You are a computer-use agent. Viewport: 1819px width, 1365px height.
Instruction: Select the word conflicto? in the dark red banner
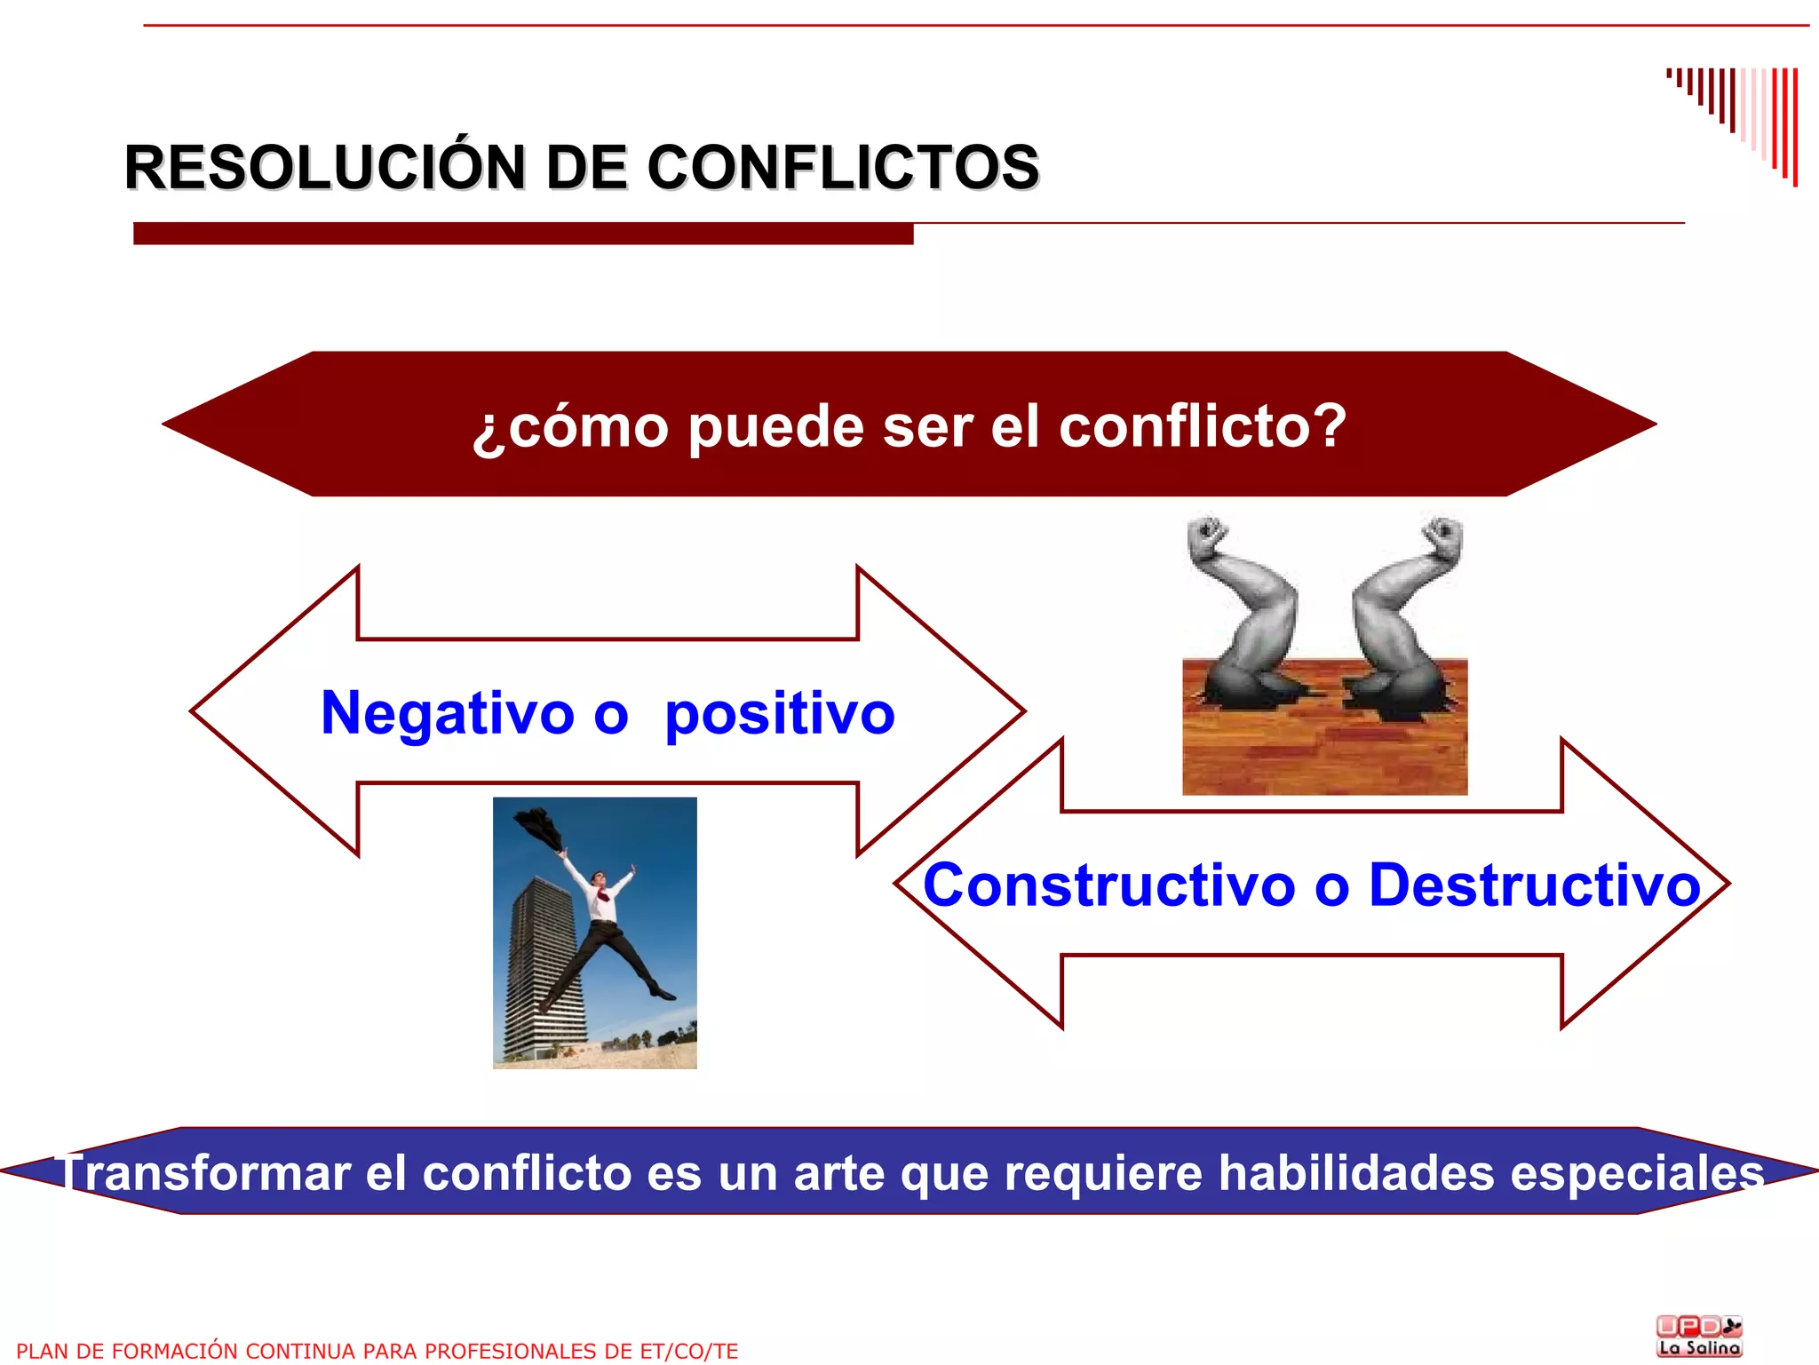click(1203, 426)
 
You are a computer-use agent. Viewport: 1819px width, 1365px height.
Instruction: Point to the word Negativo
click(448, 713)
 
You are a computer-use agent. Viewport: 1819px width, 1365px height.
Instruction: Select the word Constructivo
click(1109, 885)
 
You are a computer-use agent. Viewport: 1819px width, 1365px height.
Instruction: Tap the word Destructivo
click(1534, 885)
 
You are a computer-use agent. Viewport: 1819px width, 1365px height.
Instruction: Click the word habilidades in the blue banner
click(1356, 1173)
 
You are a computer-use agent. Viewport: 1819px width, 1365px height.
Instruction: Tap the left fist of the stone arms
click(1208, 537)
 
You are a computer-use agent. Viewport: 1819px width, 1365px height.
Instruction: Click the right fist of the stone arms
click(1442, 537)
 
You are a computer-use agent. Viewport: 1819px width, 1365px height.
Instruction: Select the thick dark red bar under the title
click(523, 234)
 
